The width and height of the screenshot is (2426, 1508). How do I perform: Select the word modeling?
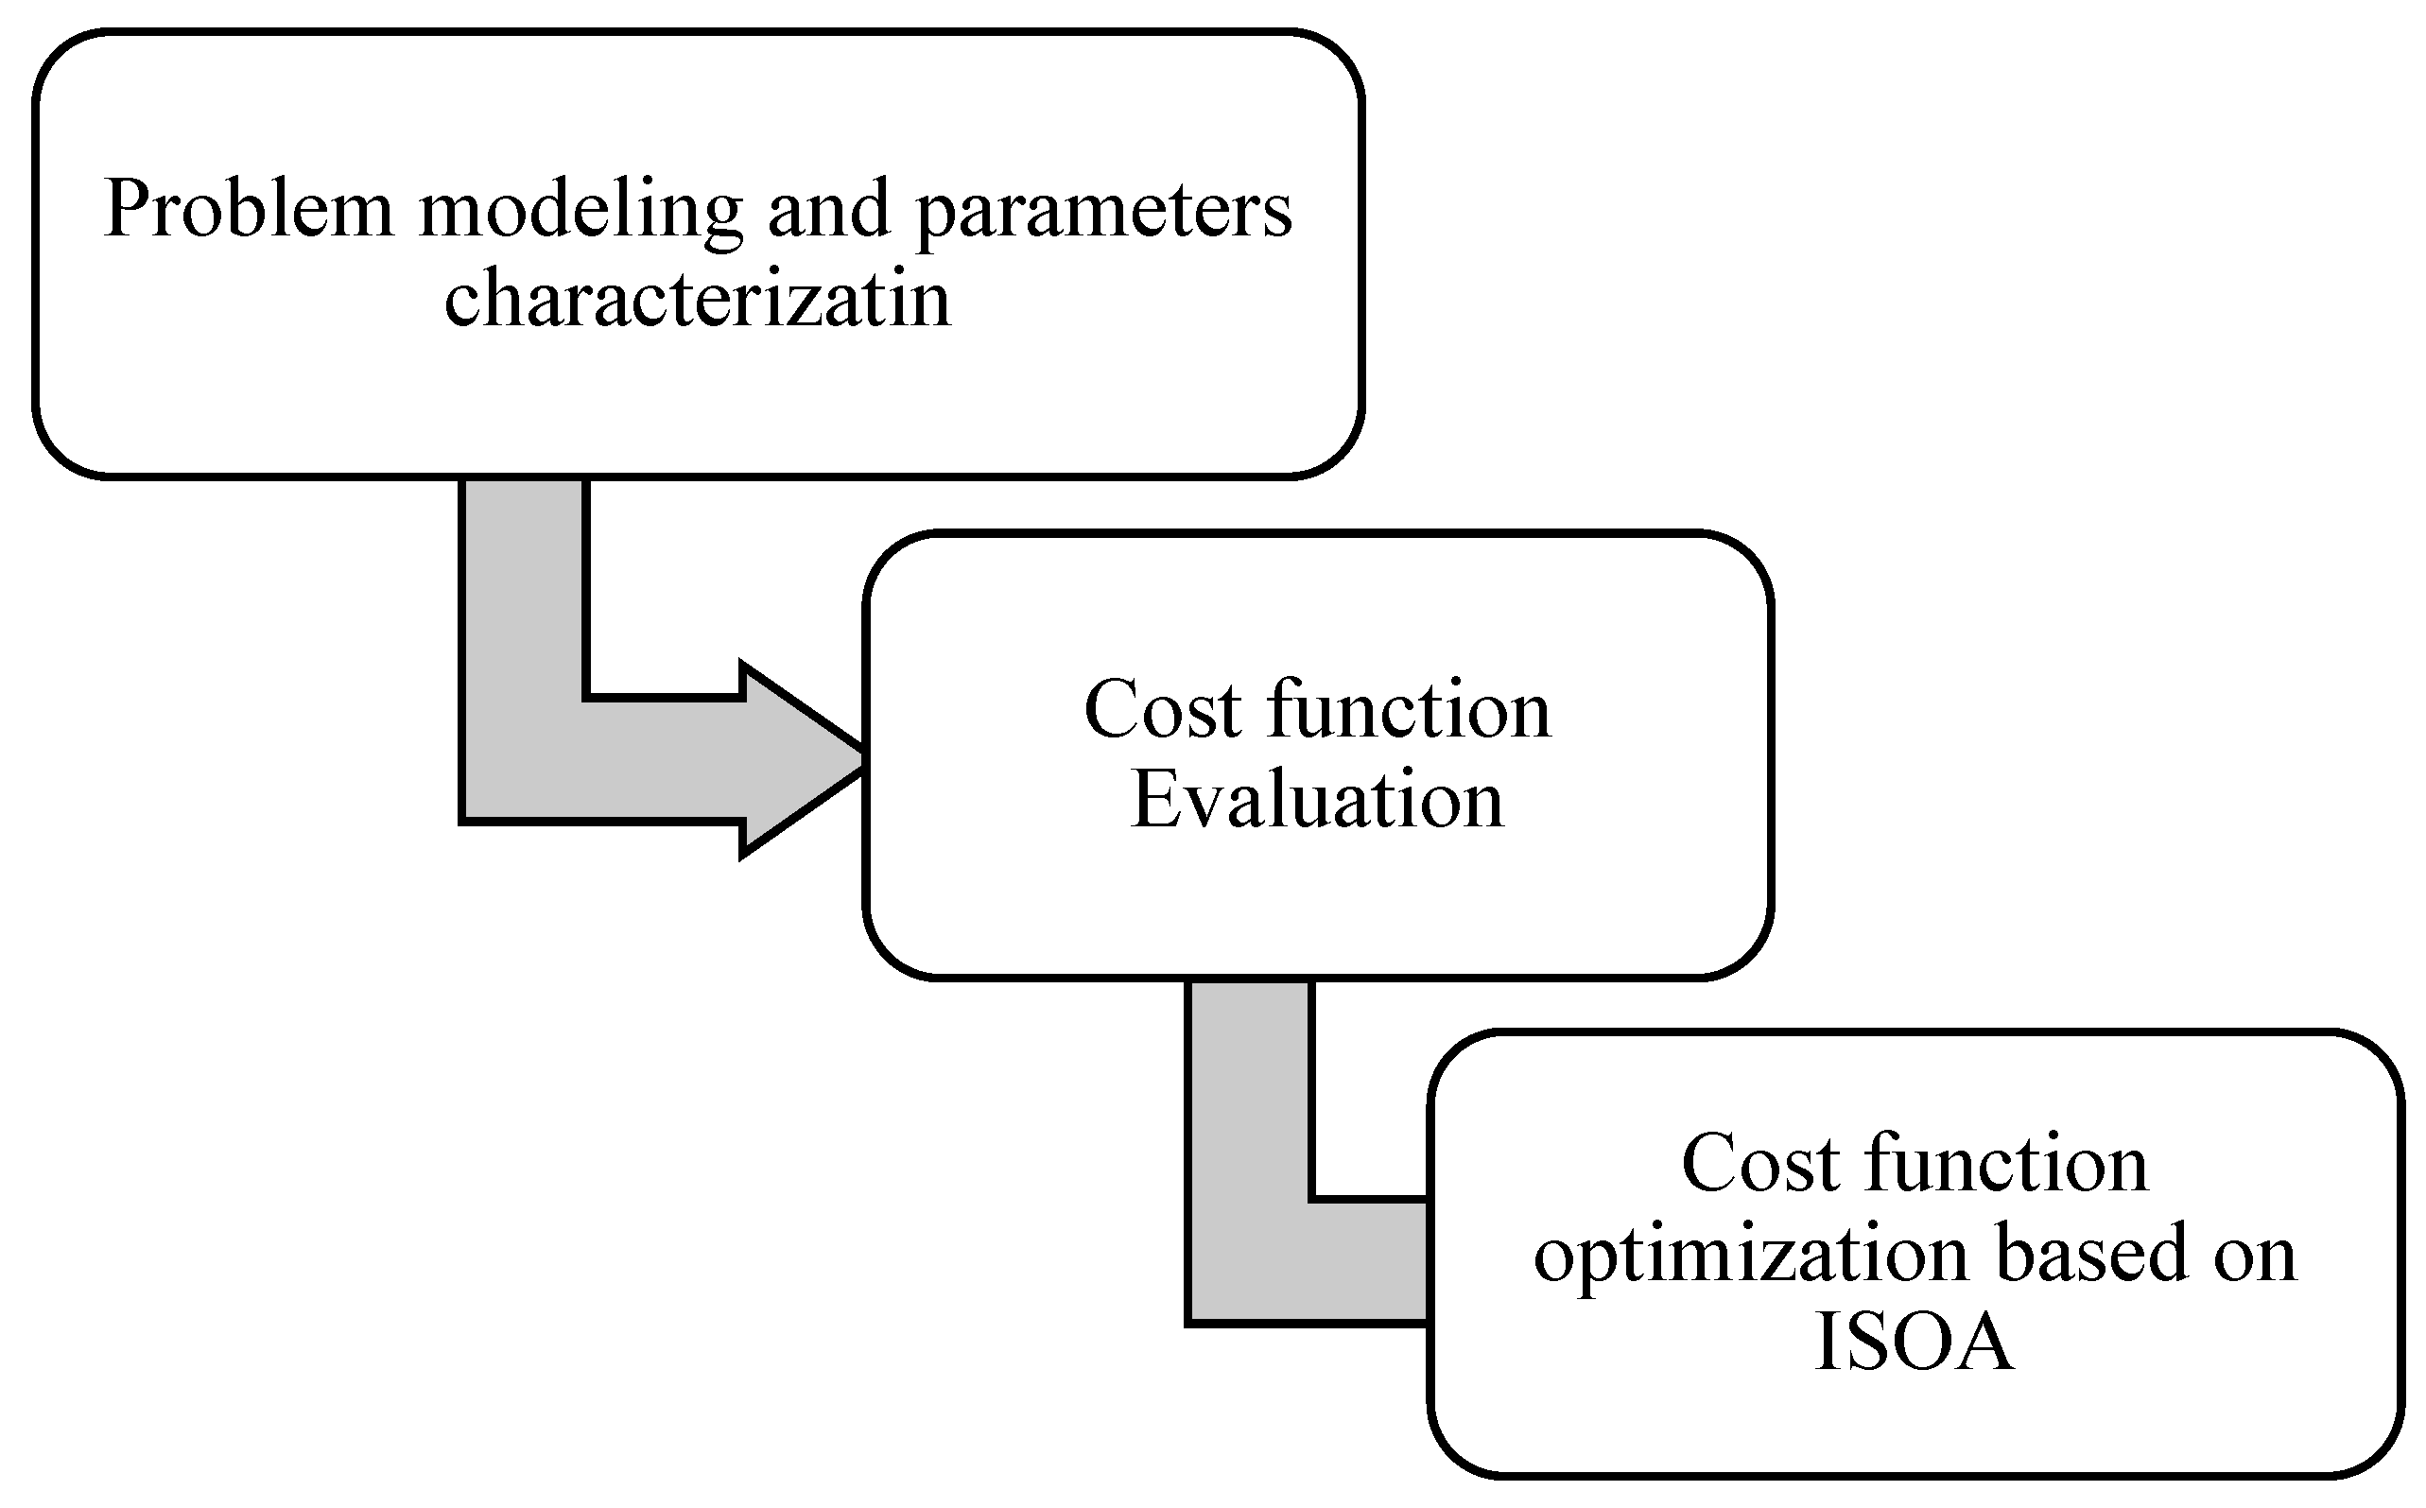581,212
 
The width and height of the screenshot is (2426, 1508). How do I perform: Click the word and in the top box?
828,210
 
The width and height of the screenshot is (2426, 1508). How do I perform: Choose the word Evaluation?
1316,802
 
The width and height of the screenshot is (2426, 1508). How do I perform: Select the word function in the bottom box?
2005,1164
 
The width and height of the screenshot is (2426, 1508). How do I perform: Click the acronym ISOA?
1914,1343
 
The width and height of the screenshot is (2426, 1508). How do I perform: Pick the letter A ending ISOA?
1981,1343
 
